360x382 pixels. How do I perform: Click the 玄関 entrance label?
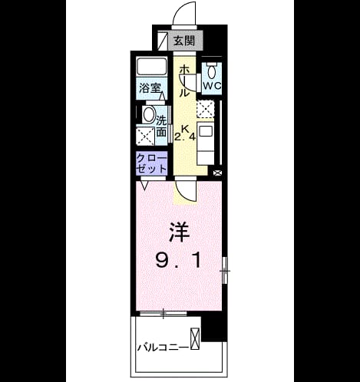click(x=184, y=41)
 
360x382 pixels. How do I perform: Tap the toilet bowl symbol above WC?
click(x=212, y=71)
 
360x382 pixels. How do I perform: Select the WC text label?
click(x=212, y=86)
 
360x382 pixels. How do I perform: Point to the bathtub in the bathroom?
click(x=151, y=67)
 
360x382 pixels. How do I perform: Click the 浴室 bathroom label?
click(x=150, y=88)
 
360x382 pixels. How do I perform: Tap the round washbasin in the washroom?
click(x=149, y=115)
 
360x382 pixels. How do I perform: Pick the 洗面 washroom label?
click(x=161, y=126)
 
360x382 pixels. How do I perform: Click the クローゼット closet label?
click(x=151, y=164)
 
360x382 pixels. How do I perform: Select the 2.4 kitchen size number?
click(x=185, y=137)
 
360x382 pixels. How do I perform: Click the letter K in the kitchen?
click(x=186, y=129)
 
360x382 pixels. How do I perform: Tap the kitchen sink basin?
click(x=206, y=131)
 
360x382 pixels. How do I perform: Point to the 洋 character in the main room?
click(x=179, y=232)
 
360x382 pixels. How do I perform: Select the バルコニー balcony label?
click(x=163, y=347)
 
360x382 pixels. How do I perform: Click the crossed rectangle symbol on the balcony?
click(x=194, y=338)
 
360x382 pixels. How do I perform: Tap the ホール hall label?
click(x=184, y=81)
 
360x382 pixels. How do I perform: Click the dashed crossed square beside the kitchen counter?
click(x=205, y=109)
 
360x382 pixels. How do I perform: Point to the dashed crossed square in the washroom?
click(x=145, y=136)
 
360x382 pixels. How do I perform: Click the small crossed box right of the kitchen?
click(x=217, y=173)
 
